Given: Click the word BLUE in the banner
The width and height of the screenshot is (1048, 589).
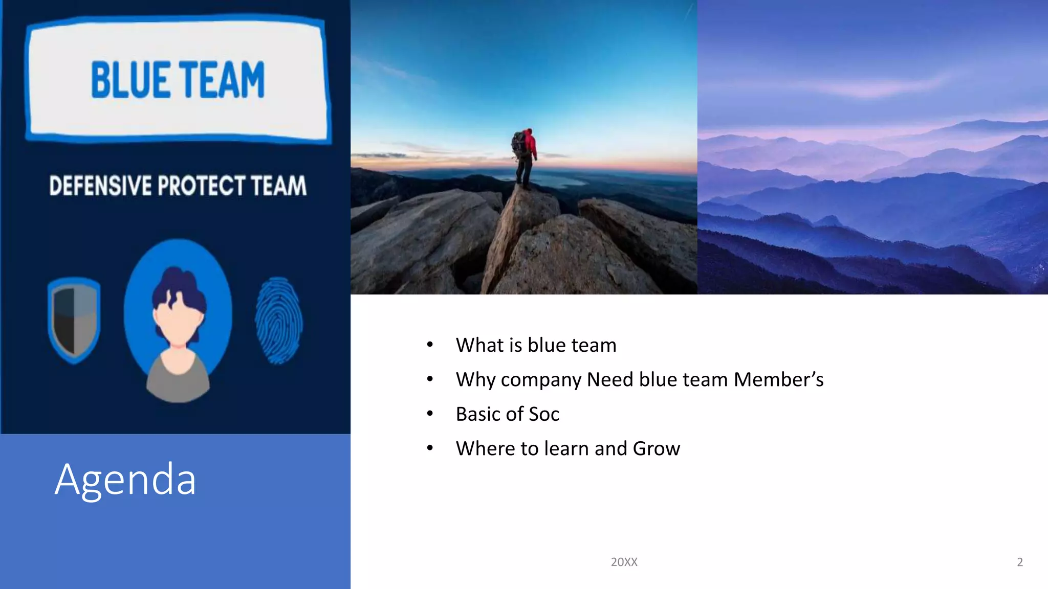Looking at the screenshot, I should (x=130, y=80).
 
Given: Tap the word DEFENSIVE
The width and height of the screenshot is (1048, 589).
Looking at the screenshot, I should (x=101, y=186).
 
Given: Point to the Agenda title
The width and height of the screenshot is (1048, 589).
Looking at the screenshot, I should (x=125, y=479).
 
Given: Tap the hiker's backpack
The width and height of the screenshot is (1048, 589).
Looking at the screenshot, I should (x=519, y=143).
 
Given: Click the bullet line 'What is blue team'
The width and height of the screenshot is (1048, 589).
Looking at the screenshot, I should (x=536, y=345).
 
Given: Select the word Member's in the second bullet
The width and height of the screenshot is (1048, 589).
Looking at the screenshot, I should (x=778, y=379).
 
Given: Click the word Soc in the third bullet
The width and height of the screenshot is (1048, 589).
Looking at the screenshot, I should (x=544, y=414).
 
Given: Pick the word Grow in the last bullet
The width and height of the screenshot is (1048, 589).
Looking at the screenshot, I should (x=657, y=448).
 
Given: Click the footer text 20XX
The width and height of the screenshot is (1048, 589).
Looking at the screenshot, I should (x=624, y=562).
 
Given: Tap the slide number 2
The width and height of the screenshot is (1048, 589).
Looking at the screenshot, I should (x=1019, y=562).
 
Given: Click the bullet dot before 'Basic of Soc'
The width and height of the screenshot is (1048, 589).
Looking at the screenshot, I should (x=430, y=414).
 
